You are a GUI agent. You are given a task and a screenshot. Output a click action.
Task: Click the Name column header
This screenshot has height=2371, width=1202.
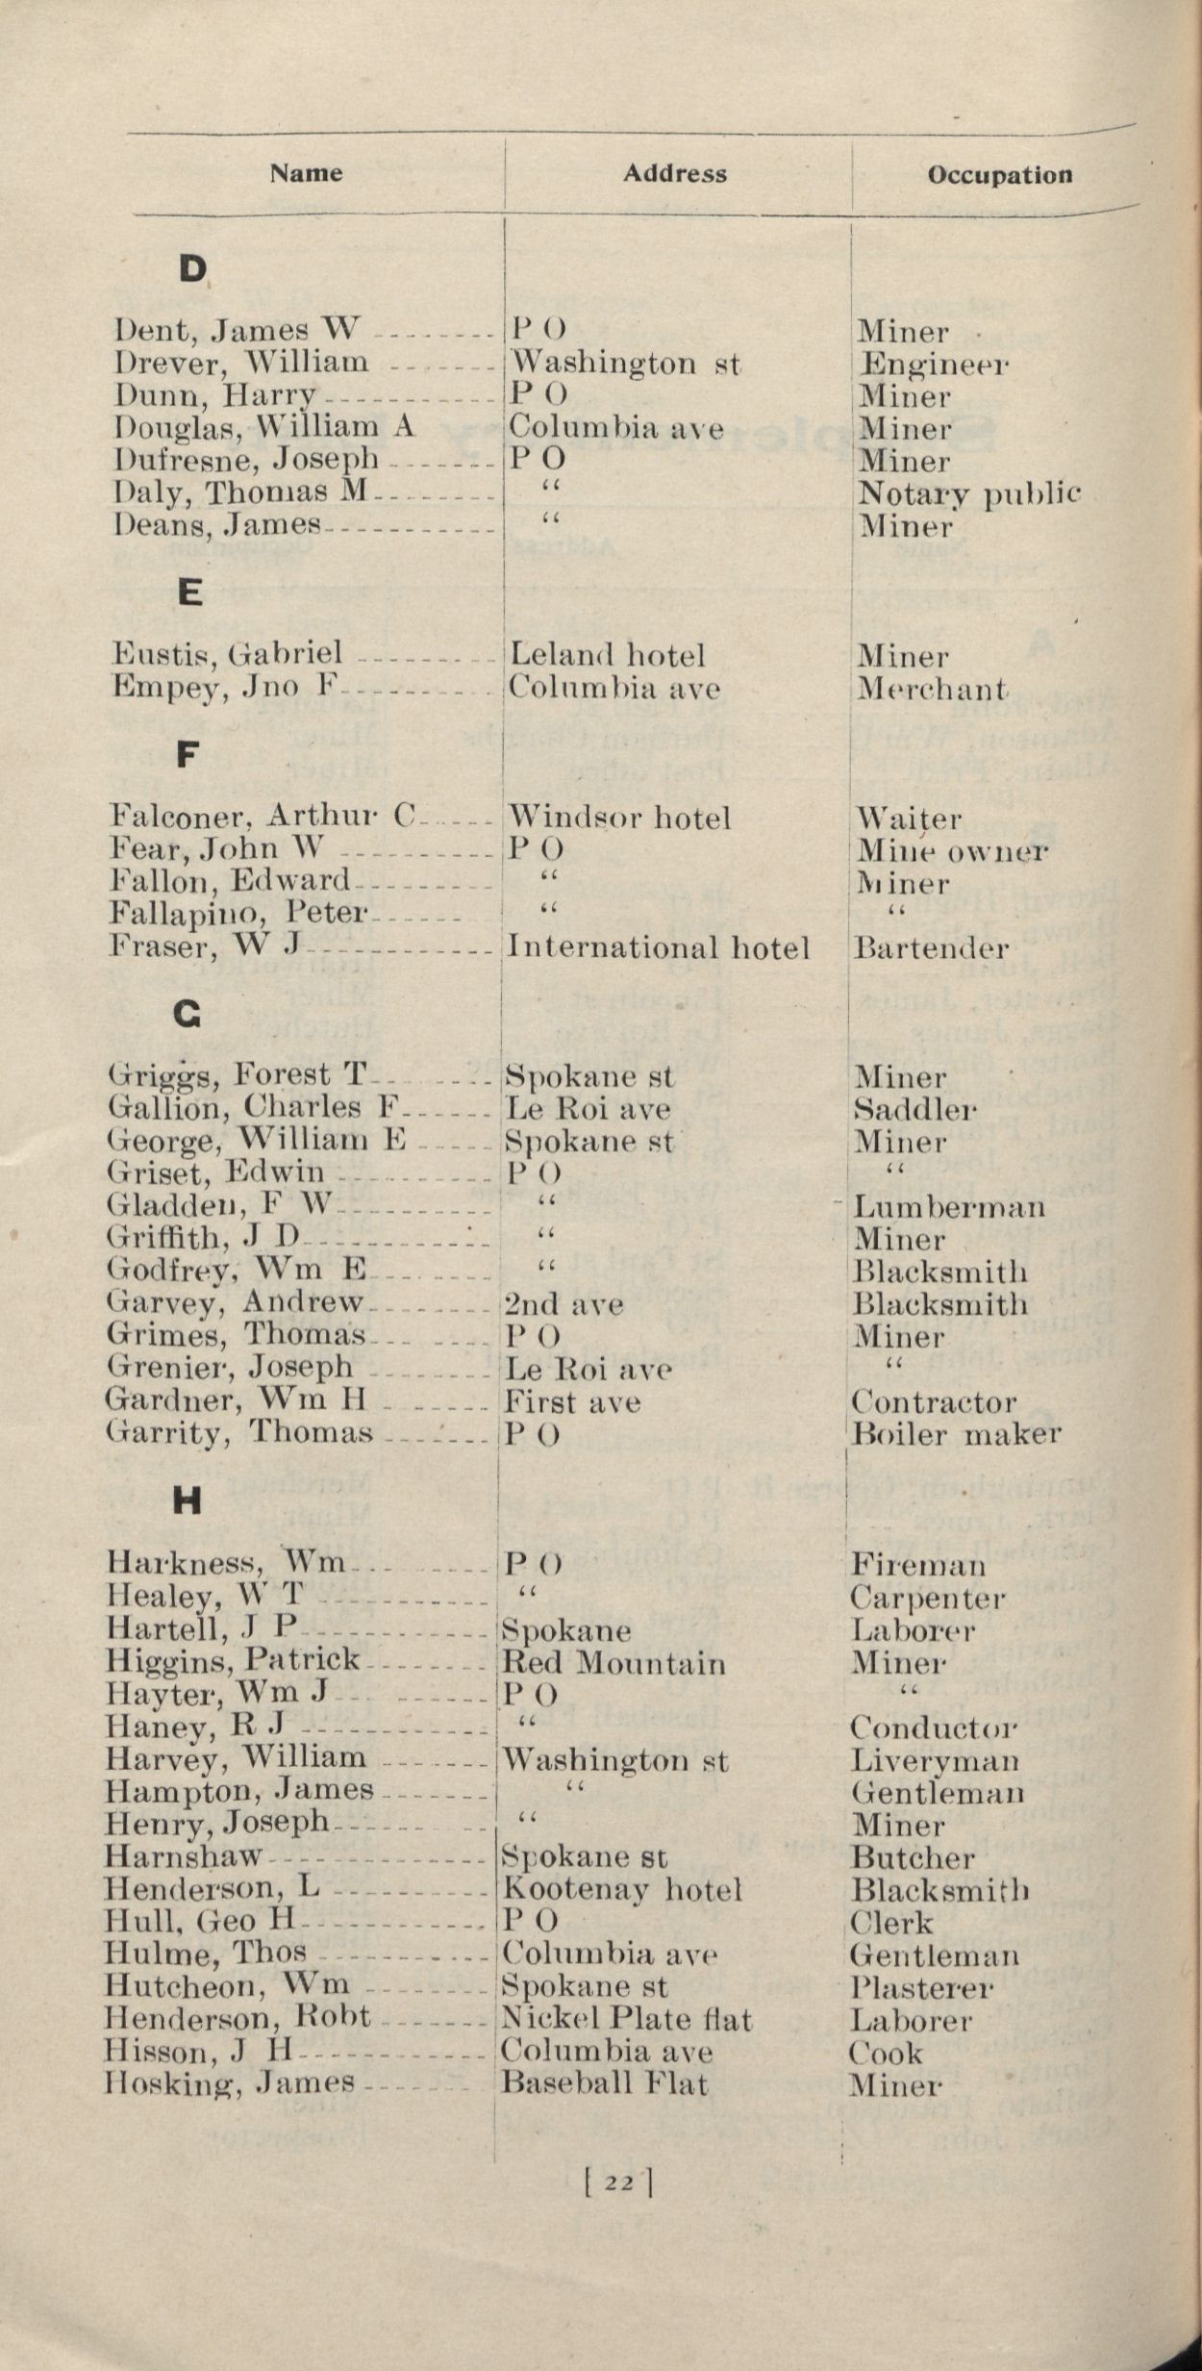tap(306, 173)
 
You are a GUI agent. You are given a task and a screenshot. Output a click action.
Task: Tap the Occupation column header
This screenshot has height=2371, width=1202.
tap(999, 175)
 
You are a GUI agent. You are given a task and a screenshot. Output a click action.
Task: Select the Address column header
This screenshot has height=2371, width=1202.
tap(674, 174)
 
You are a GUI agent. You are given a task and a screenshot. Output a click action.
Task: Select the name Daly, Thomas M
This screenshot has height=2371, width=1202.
tap(240, 492)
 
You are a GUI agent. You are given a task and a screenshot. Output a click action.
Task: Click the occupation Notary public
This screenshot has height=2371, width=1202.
tap(968, 494)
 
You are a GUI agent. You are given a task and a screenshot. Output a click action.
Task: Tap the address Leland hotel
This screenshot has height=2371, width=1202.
tap(608, 656)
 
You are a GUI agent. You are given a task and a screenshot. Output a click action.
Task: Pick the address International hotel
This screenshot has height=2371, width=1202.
tap(658, 948)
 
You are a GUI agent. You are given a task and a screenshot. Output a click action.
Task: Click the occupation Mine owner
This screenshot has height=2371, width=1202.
tap(951, 851)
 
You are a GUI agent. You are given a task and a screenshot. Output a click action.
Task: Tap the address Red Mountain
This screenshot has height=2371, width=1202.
tap(614, 1663)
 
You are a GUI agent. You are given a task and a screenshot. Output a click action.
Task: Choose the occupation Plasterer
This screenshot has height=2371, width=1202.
tap(920, 1988)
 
